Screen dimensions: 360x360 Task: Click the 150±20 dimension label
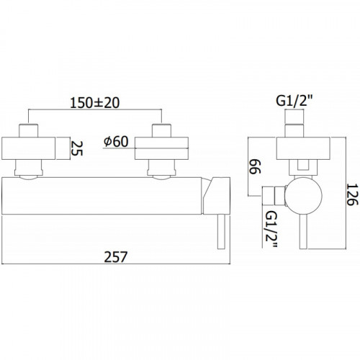[94, 103]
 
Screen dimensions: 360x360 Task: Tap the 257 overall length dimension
[115, 257]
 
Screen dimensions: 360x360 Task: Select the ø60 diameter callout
[116, 142]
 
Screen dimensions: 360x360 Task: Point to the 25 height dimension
[77, 148]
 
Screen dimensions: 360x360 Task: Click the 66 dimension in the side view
[254, 166]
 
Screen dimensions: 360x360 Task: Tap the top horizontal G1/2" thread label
[295, 102]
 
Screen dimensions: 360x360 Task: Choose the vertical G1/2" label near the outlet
[272, 229]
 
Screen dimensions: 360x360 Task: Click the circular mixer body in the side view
[303, 195]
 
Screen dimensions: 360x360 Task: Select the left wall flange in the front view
[29, 148]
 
